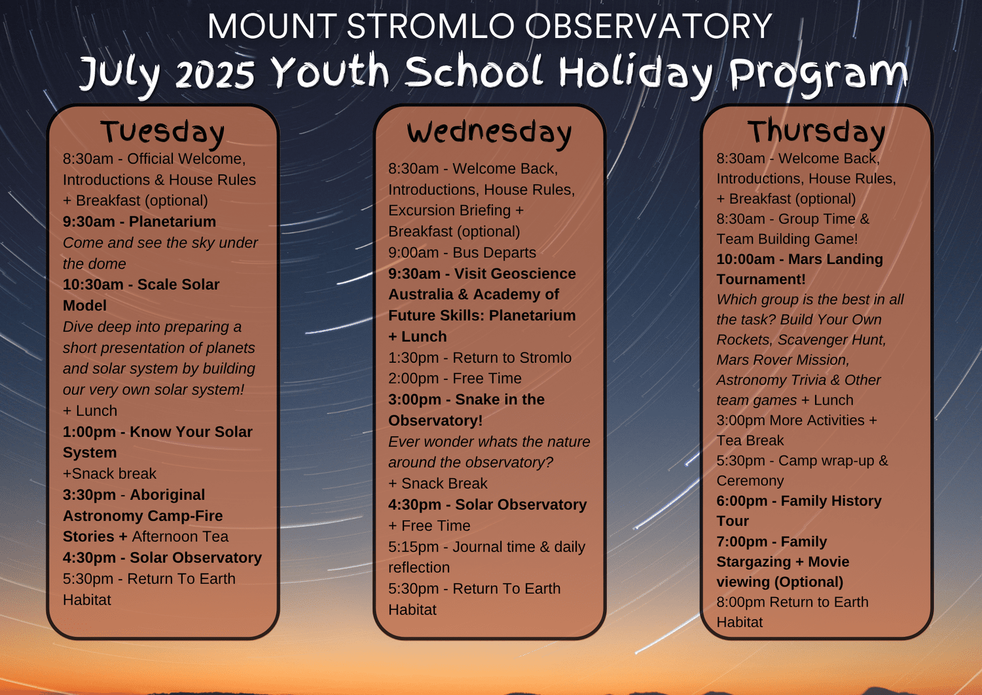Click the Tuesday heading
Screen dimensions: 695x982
pyautogui.click(x=162, y=132)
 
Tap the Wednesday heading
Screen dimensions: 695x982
pyautogui.click(x=489, y=132)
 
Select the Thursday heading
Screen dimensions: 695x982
pyautogui.click(x=816, y=132)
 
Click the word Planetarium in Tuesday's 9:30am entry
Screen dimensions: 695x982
pyautogui.click(x=172, y=221)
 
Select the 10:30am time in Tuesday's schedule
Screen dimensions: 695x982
pyautogui.click(x=93, y=284)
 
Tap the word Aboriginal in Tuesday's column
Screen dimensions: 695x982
pyautogui.click(x=167, y=495)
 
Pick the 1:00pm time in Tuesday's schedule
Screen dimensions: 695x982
pyautogui.click(x=89, y=432)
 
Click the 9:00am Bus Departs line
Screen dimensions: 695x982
pyautogui.click(x=462, y=252)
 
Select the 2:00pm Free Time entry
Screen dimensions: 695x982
pyautogui.click(x=454, y=379)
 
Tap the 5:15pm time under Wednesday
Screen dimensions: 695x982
pyautogui.click(x=413, y=547)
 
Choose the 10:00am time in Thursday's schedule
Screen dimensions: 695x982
pyautogui.click(x=745, y=259)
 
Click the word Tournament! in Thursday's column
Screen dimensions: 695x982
pyautogui.click(x=761, y=280)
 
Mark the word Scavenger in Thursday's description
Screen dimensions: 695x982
pyautogui.click(x=809, y=340)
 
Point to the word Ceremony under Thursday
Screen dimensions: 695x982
pyautogui.click(x=750, y=481)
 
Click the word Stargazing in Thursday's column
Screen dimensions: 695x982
pyautogui.click(x=753, y=562)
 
